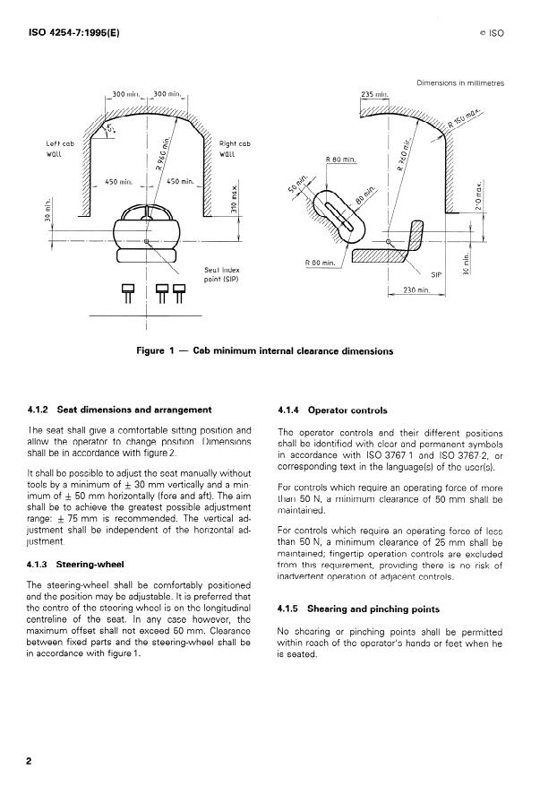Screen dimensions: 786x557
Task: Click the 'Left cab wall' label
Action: pyautogui.click(x=62, y=149)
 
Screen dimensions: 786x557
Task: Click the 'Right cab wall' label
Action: pyautogui.click(x=235, y=149)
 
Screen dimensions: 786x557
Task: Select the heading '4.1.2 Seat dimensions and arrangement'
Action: pyautogui.click(x=120, y=410)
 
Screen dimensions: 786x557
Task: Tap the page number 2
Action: pyautogui.click(x=30, y=762)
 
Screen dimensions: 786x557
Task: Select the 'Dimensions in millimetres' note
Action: pyautogui.click(x=460, y=83)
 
